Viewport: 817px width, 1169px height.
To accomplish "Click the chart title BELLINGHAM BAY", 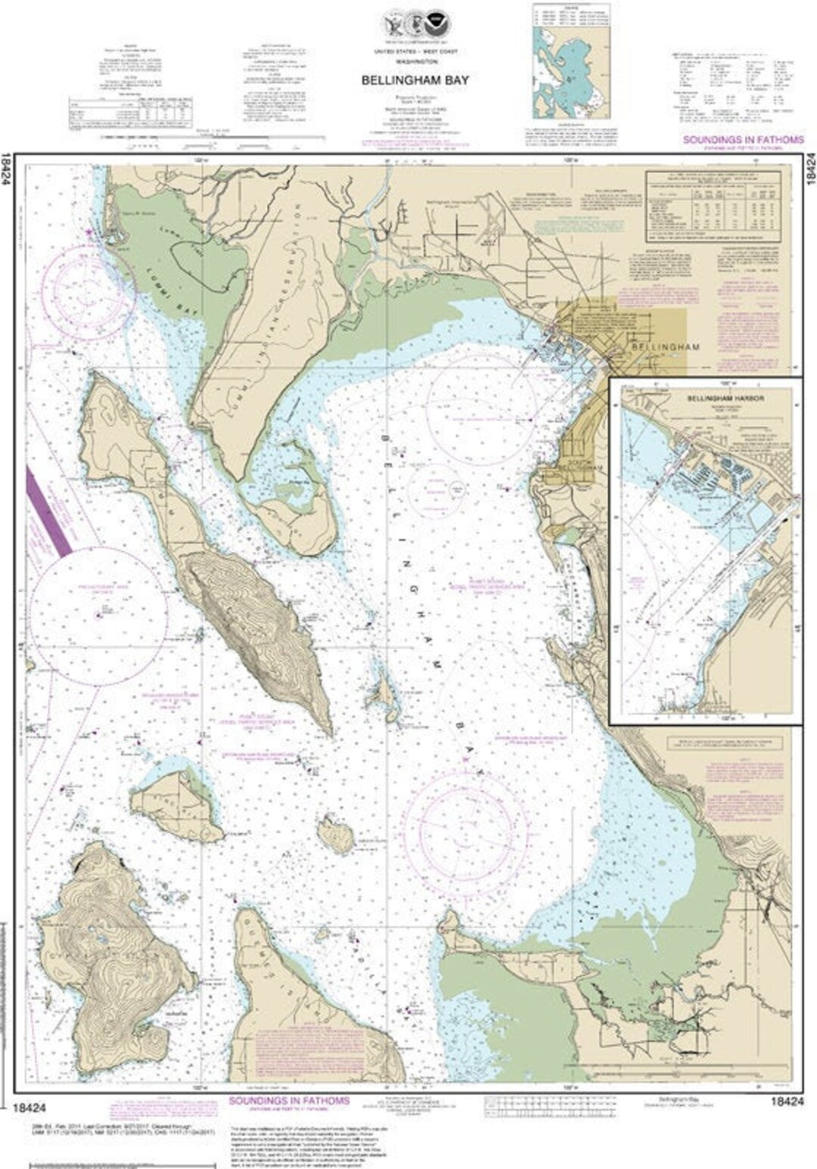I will coord(415,80).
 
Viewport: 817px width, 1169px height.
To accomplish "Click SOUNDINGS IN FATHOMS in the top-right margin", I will coord(743,140).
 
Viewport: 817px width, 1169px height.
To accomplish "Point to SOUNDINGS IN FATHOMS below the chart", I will coord(289,1101).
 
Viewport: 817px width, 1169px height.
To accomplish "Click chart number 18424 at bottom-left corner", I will coord(30,1107).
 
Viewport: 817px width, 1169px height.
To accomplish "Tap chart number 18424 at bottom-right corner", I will coord(787,1102).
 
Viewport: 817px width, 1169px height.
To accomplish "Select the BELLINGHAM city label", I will coord(664,346).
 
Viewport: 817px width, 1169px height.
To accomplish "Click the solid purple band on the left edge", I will coord(48,511).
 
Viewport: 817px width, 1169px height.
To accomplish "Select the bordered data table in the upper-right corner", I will coord(713,206).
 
